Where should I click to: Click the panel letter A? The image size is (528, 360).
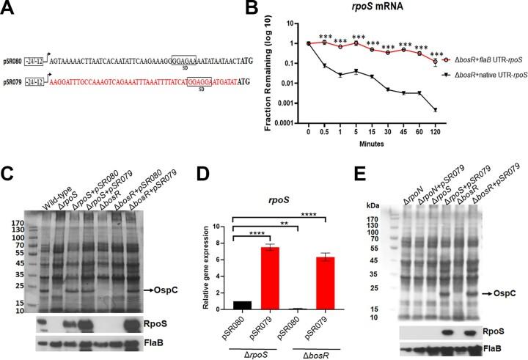tap(8, 8)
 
